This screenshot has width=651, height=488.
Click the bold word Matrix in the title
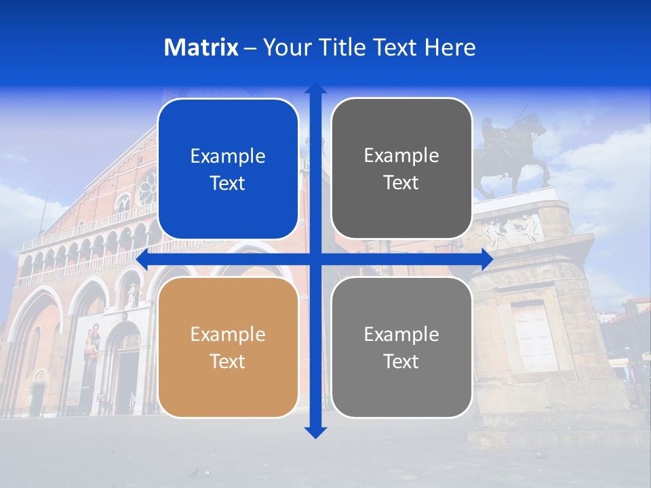click(201, 47)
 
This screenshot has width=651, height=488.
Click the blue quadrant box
click(228, 169)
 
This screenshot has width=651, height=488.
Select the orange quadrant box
click(228, 347)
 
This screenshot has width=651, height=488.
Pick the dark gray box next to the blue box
click(401, 169)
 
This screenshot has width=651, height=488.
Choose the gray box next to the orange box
click(401, 347)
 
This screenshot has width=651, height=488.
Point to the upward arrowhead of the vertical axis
click(315, 89)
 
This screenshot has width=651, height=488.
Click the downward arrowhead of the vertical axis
click(315, 431)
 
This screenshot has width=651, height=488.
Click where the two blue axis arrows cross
click(315, 259)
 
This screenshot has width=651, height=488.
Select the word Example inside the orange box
click(228, 334)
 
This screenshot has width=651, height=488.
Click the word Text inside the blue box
click(228, 183)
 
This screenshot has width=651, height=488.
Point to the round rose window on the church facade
click(146, 188)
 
